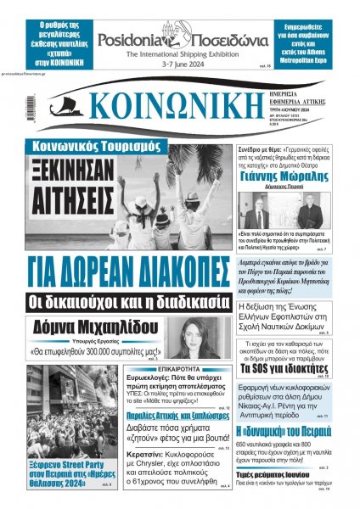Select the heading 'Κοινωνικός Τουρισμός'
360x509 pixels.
coord(79,145)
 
